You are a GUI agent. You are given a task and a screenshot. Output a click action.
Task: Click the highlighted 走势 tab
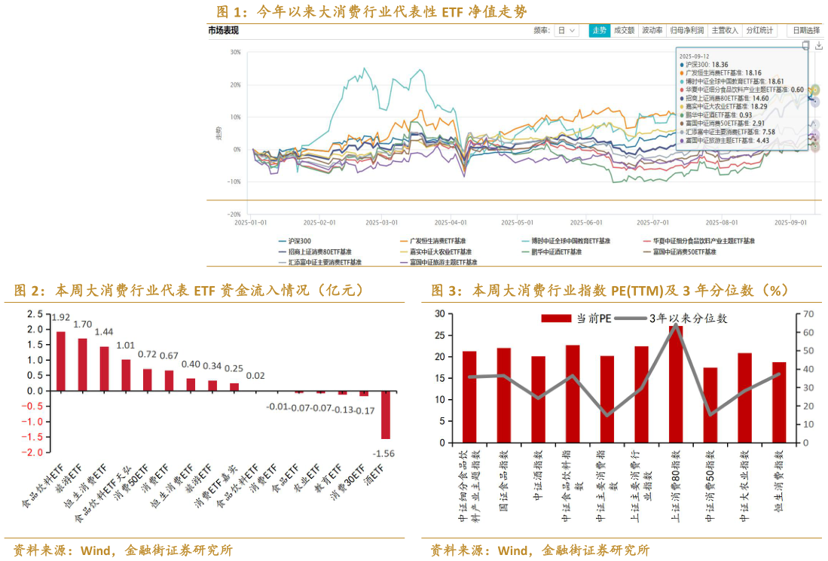tap(599, 31)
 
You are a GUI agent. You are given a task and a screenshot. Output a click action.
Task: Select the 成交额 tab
tap(624, 31)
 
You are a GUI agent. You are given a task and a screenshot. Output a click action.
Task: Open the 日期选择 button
tap(805, 31)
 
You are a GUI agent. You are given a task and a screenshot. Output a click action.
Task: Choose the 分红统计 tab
tap(759, 31)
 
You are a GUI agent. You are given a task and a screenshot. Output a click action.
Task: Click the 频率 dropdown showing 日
tap(567, 31)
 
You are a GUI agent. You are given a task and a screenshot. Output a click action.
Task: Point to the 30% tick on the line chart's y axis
tap(236, 53)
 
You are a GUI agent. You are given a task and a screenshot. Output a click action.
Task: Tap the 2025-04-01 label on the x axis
tap(451, 223)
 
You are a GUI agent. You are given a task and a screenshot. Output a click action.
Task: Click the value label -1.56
tap(385, 453)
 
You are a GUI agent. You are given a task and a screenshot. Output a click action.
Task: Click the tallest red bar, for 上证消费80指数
tap(676, 384)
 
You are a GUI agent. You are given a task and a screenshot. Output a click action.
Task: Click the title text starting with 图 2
tap(188, 291)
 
